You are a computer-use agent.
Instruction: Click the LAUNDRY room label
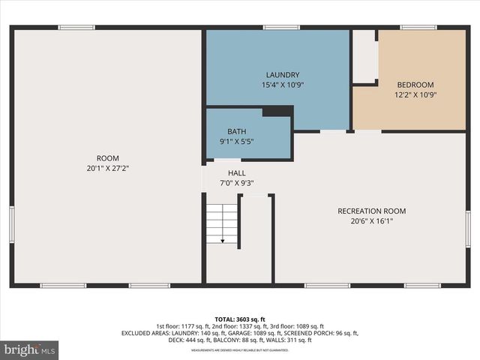pos(282,75)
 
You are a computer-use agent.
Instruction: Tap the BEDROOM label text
pos(415,85)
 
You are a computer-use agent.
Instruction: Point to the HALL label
pos(236,172)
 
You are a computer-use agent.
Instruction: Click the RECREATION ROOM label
pos(371,211)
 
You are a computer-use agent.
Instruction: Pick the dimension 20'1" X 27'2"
pos(107,169)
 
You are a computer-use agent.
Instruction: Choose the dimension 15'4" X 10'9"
pos(282,85)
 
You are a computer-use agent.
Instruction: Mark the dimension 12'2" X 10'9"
pos(415,95)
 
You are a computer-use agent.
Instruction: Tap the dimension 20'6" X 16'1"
pos(371,221)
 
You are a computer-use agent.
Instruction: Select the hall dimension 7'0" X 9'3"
pos(236,182)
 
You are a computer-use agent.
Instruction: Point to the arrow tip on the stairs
pos(223,241)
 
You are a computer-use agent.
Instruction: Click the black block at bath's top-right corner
pos(277,111)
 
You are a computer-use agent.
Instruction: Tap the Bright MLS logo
pos(30,349)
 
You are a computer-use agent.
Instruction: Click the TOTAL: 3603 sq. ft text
pos(240,319)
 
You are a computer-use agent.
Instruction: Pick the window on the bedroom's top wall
pos(418,28)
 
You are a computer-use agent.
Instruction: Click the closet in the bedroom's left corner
pos(364,56)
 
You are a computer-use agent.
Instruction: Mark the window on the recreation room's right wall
pos(467,229)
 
